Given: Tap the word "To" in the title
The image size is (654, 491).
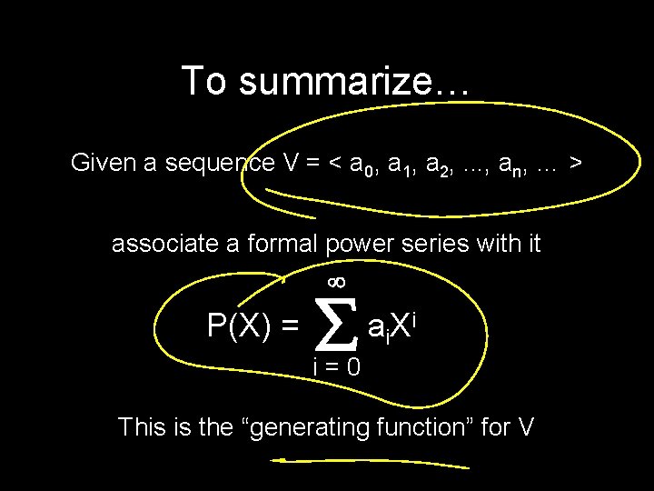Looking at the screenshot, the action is [x=202, y=81].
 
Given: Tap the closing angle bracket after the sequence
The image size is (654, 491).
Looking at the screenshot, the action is [x=575, y=165].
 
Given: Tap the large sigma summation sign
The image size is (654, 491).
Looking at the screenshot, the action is [x=335, y=325].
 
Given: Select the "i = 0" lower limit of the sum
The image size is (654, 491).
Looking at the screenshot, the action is [x=336, y=367].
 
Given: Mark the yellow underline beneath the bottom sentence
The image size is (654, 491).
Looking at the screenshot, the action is [x=372, y=463].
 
